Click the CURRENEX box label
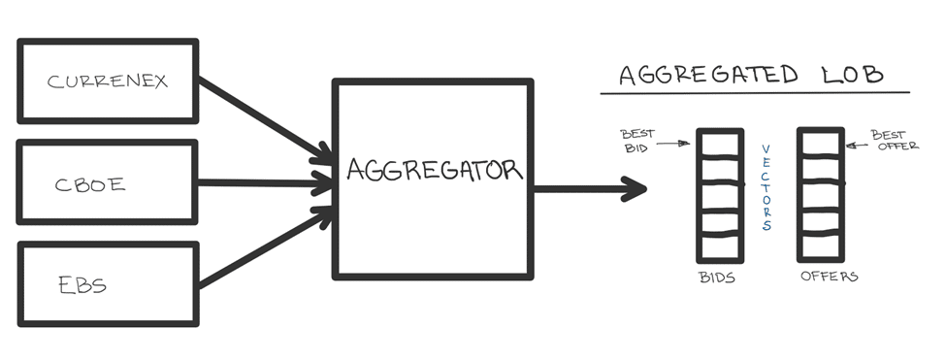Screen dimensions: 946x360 click(x=107, y=82)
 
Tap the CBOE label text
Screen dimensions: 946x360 click(x=90, y=184)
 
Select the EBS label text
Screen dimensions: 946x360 click(x=82, y=284)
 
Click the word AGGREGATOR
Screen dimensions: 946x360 click(x=435, y=170)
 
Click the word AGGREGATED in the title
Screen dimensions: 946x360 click(x=709, y=75)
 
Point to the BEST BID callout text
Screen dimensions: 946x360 click(x=637, y=141)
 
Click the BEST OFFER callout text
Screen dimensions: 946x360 click(x=895, y=140)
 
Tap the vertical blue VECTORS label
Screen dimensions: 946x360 click(x=767, y=187)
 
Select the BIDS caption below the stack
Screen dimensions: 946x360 click(x=717, y=278)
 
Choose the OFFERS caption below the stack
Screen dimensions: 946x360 click(x=829, y=277)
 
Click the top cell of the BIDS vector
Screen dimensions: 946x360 click(x=720, y=145)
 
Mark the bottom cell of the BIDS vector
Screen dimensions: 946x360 click(x=720, y=247)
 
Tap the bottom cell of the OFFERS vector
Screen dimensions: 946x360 click(x=821, y=246)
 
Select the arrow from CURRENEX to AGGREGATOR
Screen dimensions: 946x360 click(x=266, y=119)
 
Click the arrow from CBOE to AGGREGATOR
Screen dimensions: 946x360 click(x=266, y=182)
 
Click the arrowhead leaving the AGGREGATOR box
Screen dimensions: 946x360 click(x=633, y=189)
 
